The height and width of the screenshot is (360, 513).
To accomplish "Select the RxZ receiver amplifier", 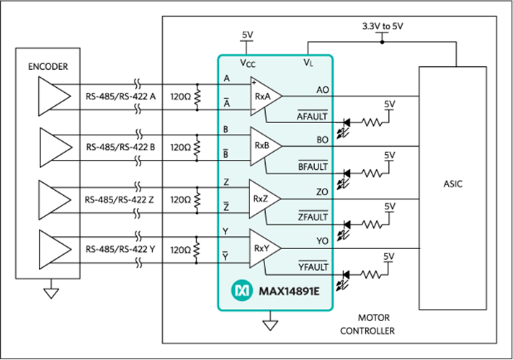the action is [x=264, y=199].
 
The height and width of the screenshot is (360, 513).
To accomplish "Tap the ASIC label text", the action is [x=452, y=184].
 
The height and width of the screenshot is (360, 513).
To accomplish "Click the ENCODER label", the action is [x=48, y=67].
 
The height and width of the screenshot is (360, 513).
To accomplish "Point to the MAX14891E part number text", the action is [x=289, y=291].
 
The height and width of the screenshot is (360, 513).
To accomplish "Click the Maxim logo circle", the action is [x=242, y=290].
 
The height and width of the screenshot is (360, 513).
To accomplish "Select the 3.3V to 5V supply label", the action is [x=383, y=26].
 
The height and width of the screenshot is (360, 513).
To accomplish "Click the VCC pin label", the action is [x=248, y=63].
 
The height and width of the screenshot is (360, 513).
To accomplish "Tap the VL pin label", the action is [x=308, y=62].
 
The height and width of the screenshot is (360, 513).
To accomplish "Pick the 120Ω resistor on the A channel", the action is [x=197, y=97].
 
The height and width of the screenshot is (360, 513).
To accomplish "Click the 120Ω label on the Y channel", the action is [x=180, y=250].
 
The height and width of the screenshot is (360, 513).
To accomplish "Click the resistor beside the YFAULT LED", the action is [x=371, y=274].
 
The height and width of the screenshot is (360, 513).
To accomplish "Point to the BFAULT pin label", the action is [x=313, y=166].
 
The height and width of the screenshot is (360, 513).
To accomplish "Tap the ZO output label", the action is [x=322, y=192].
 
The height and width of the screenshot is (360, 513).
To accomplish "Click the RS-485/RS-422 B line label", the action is [x=120, y=147].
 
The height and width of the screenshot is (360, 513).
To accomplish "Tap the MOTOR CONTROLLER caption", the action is [x=367, y=324].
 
